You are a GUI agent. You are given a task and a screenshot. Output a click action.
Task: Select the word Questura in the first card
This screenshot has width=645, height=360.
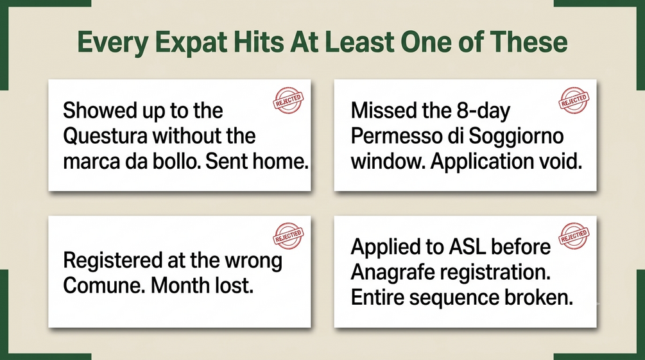pyautogui.click(x=105, y=136)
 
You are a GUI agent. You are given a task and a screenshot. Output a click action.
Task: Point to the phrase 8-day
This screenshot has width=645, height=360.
pyautogui.click(x=483, y=111)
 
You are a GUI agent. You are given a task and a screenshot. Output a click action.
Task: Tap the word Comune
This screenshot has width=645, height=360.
pyautogui.click(x=104, y=286)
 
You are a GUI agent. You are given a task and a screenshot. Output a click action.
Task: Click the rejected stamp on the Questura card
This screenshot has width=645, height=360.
pyautogui.click(x=288, y=100)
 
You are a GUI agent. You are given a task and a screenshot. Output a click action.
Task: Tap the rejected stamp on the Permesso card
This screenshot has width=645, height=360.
pyautogui.click(x=574, y=100)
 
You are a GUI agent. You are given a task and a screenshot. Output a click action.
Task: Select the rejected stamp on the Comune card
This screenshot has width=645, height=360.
pyautogui.click(x=288, y=236)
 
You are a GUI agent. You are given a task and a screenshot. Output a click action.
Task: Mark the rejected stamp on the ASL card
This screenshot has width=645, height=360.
pyautogui.click(x=574, y=236)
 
